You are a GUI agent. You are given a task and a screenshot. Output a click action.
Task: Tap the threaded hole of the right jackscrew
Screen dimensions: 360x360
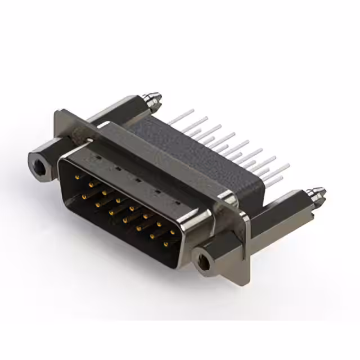204,260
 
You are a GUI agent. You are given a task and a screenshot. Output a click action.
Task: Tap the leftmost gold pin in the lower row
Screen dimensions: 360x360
84,196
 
